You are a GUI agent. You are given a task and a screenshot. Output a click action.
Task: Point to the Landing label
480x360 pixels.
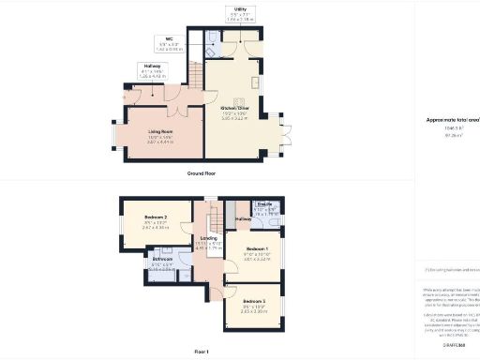[x=208, y=238]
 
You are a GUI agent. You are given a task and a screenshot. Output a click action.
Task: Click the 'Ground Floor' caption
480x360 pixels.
[x=202, y=174]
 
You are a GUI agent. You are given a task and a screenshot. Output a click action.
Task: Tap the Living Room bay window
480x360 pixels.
[x=115, y=137]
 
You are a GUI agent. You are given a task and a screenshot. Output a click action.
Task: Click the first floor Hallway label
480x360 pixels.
[x=244, y=218]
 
